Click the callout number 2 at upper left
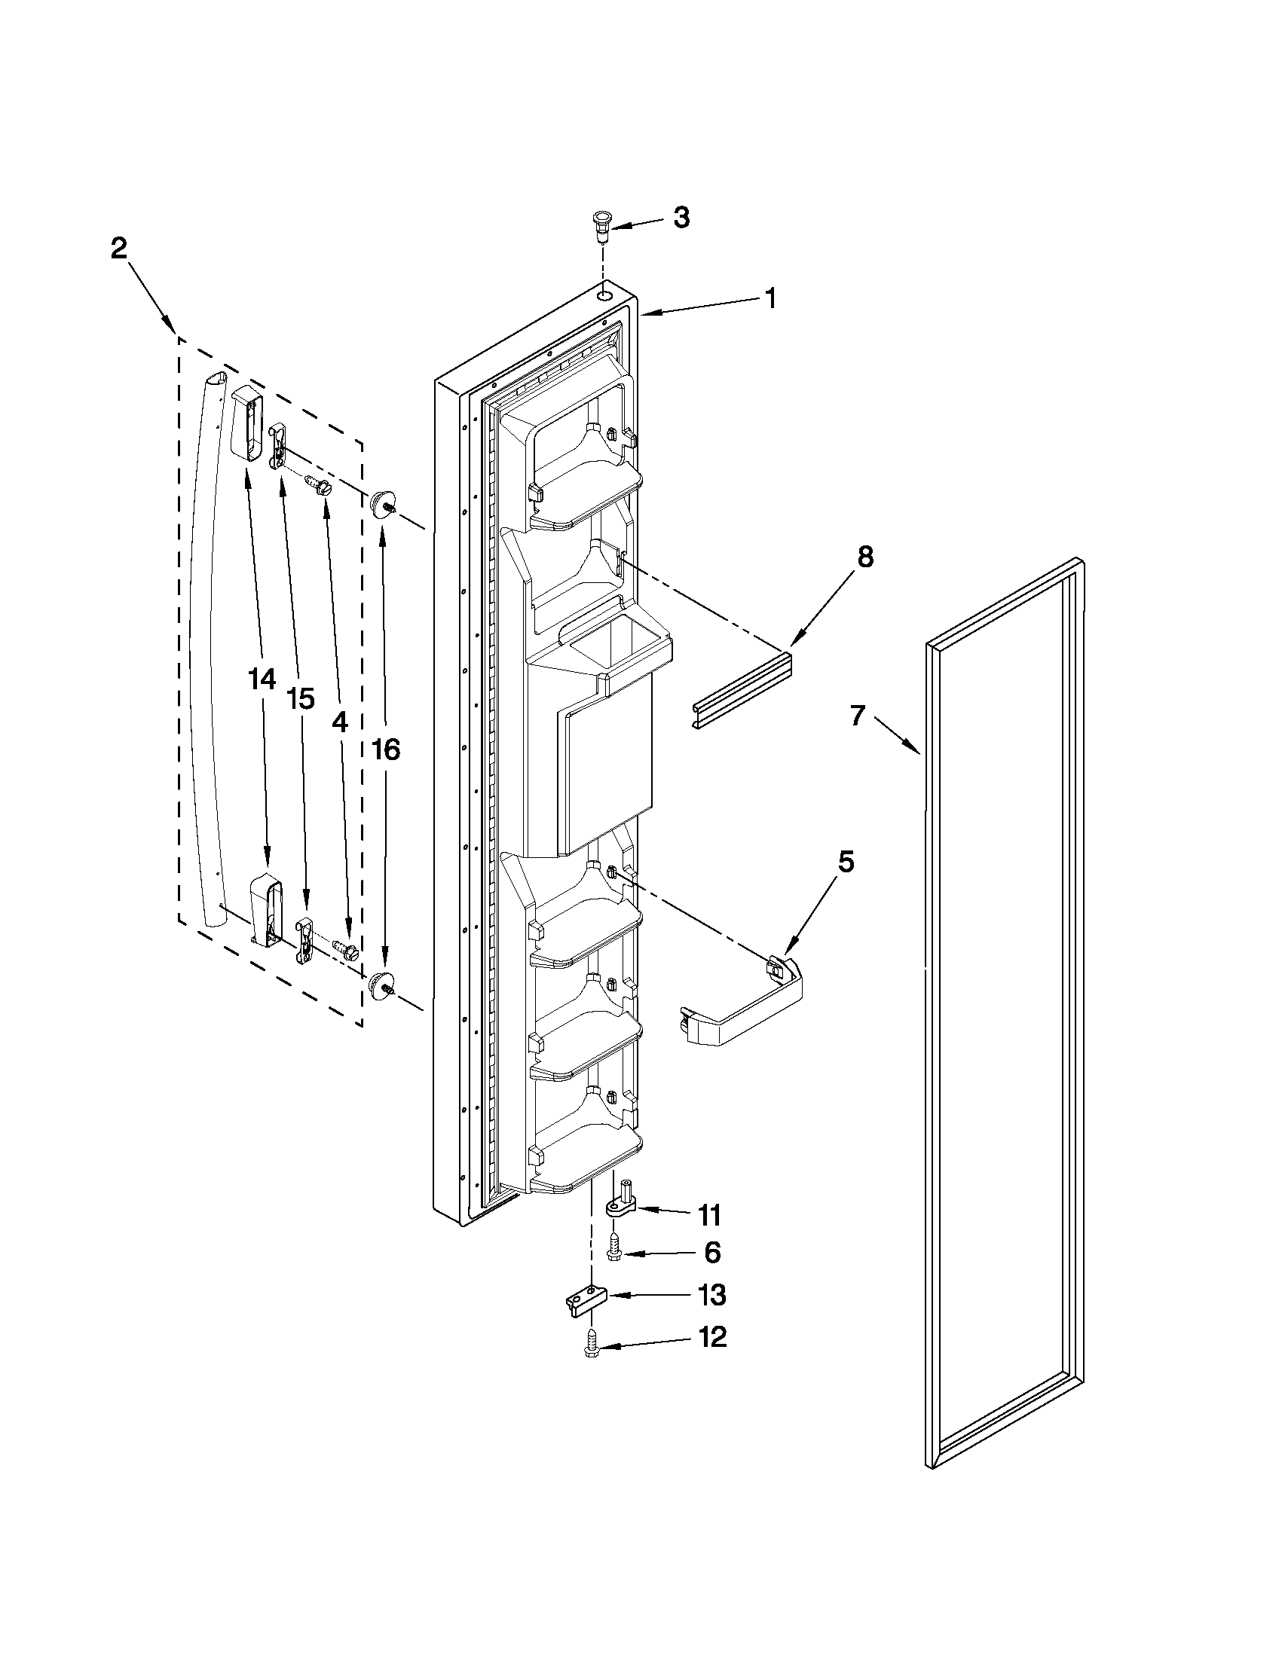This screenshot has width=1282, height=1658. (x=119, y=249)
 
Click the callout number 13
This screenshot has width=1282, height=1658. (x=711, y=1295)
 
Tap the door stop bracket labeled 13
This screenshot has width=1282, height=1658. (x=583, y=1301)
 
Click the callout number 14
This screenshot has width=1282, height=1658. (x=262, y=679)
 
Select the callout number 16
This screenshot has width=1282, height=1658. (x=386, y=750)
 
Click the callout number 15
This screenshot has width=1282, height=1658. (x=301, y=698)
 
